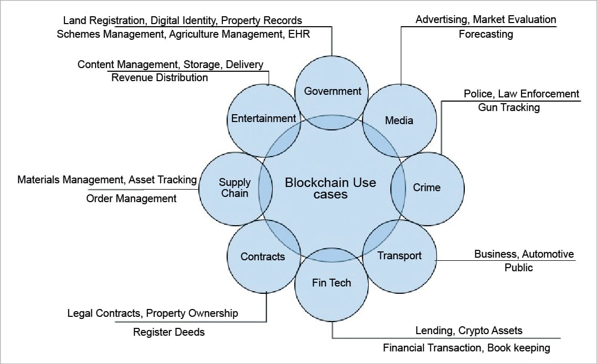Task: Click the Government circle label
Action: pos(333,91)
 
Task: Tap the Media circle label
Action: pos(399,120)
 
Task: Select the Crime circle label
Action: pos(427,187)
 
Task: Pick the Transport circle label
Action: pos(399,256)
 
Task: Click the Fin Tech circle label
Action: pos(331,283)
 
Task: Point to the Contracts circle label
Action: pos(262,256)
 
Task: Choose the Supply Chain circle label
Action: pos(234,187)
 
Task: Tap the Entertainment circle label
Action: pos(263,118)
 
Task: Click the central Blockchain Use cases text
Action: pos(331,188)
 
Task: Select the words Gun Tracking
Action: pos(508,107)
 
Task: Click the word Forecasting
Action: pos(485,35)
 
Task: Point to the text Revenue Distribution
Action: pos(159,78)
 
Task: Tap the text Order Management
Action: pos(131,198)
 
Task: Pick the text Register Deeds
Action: pos(168,332)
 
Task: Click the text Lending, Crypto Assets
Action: pos(468,330)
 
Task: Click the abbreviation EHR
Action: pos(300,35)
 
